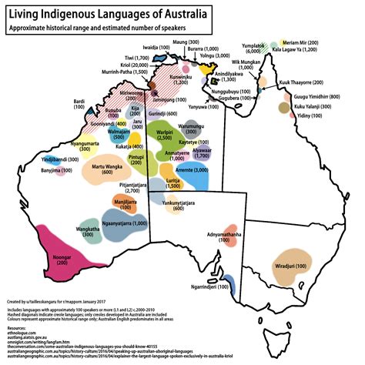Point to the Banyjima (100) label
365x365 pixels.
tap(37, 169)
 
